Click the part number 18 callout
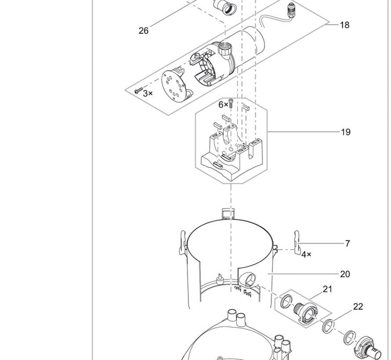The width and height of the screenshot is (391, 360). [344, 25]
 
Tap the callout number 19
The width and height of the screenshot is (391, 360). [346, 132]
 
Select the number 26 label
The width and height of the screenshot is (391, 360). [143, 31]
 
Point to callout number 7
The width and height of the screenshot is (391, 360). [348, 243]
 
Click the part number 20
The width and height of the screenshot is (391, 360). [345, 274]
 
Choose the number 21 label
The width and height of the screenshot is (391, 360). [327, 289]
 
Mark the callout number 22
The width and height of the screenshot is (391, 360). [358, 307]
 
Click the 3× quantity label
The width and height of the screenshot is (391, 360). [148, 94]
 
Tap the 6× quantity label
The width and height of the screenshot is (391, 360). [223, 105]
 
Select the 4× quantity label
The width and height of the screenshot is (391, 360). [306, 255]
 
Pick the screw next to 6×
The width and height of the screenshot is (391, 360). [231, 103]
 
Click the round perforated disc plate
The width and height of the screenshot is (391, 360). [174, 86]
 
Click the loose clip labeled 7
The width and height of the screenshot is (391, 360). [297, 243]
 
